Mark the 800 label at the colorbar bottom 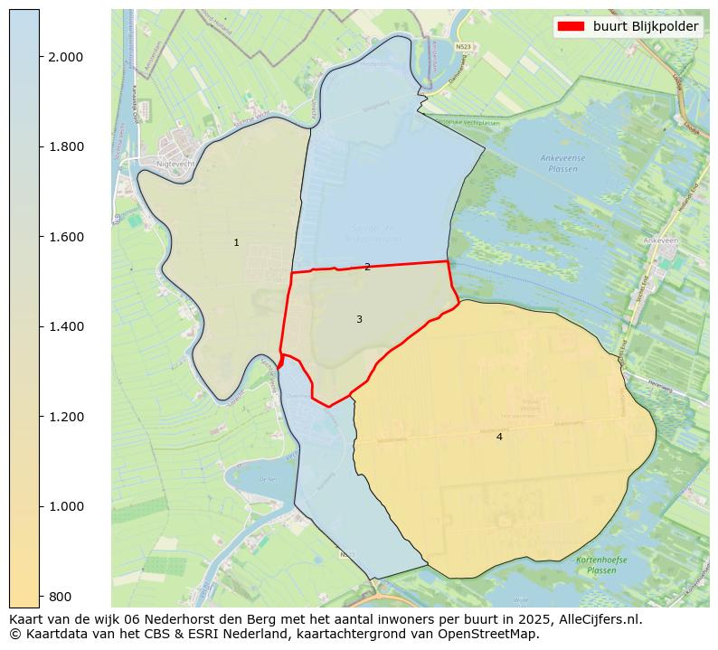pos(61,596)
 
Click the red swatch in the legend pos(572,27)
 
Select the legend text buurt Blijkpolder pos(645,27)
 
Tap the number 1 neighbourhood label pos(236,242)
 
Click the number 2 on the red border pos(367,267)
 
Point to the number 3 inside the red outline pos(359,319)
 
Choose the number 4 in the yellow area pos(499,437)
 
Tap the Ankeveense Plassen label pos(562,163)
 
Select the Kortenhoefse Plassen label pos(596,565)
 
